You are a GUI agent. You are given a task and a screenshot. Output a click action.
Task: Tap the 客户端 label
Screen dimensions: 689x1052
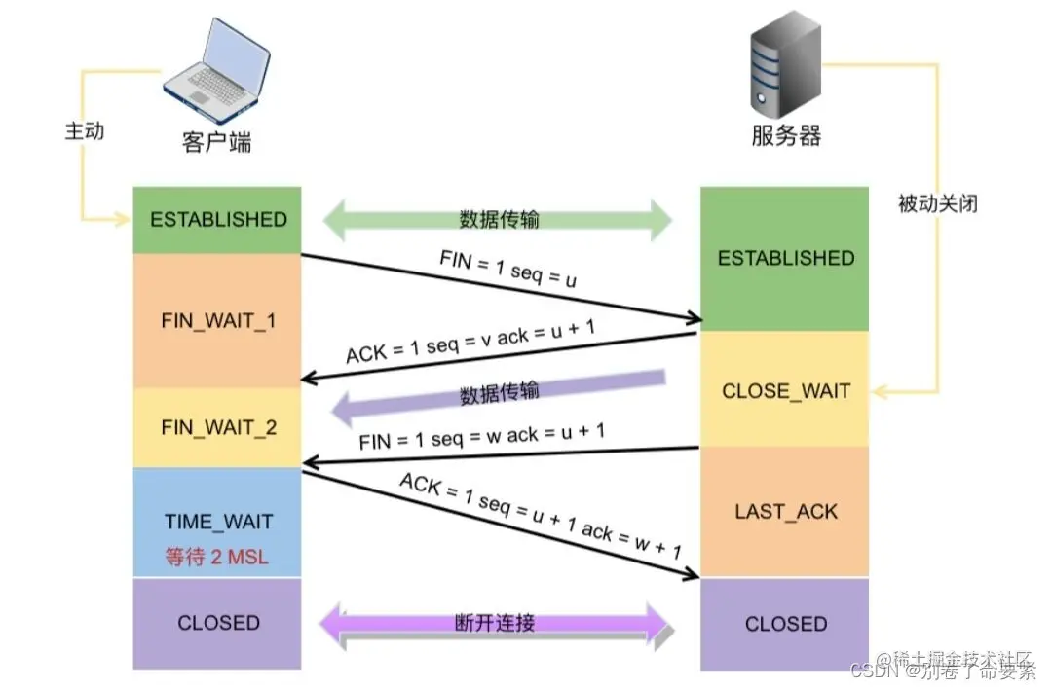(217, 142)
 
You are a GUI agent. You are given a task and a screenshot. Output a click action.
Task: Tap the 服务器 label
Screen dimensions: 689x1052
(786, 135)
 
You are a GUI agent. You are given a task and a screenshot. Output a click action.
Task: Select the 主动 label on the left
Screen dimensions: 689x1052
(85, 130)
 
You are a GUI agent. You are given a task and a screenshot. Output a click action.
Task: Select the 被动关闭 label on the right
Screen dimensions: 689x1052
(937, 203)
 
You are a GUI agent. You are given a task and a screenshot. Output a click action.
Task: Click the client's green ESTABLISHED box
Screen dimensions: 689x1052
(218, 220)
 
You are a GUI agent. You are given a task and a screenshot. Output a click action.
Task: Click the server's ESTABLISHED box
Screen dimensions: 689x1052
(785, 259)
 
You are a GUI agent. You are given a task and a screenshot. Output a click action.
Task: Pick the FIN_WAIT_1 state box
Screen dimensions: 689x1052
(218, 320)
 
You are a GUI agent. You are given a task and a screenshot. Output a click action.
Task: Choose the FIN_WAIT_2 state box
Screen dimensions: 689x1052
(218, 427)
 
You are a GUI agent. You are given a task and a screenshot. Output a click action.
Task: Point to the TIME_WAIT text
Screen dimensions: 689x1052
(218, 522)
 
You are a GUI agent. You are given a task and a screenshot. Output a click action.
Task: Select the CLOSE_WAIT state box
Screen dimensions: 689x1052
(785, 391)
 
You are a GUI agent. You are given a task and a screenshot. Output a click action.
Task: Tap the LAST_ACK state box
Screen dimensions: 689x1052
(785, 512)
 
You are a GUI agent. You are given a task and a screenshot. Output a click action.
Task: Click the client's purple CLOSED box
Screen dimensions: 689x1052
(218, 623)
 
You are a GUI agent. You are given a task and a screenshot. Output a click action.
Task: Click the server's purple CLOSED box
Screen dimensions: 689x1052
(785, 624)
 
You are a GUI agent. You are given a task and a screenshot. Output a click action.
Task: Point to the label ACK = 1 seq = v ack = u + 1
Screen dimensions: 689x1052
(470, 341)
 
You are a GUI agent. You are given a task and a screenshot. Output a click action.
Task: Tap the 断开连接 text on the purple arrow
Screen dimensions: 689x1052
(495, 623)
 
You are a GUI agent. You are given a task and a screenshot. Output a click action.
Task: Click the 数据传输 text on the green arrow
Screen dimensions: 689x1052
(499, 220)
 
